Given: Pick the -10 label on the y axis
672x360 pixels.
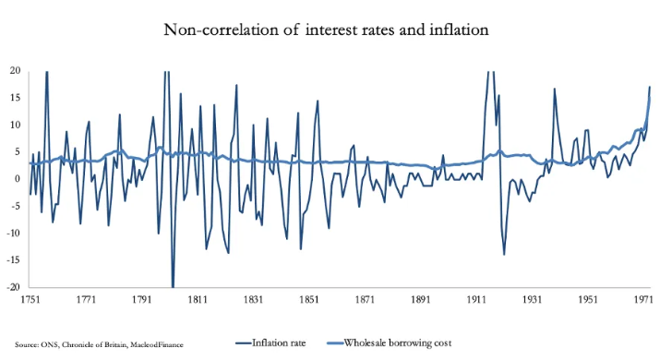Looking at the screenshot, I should click(x=14, y=233).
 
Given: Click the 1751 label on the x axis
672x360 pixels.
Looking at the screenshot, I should click(x=30, y=300).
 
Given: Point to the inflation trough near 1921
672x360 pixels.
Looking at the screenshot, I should click(x=504, y=254).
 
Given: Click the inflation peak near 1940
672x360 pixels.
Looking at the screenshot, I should click(x=555, y=90).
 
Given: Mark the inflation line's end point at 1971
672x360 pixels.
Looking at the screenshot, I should click(x=650, y=87).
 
